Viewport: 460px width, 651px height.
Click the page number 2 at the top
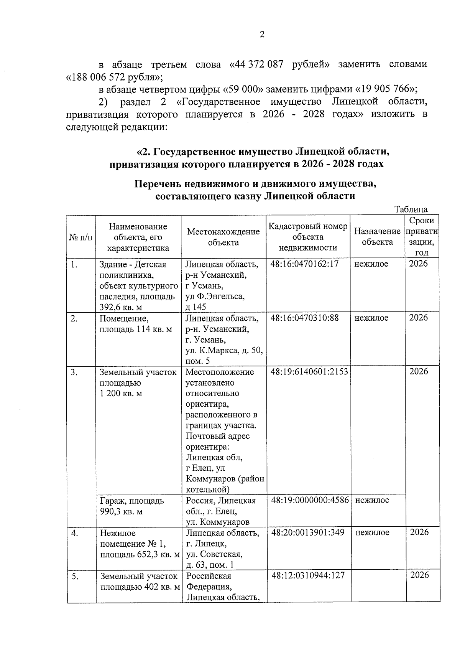(x=262, y=35)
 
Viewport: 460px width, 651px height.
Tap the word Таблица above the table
(x=411, y=209)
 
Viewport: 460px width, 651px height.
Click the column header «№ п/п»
(x=81, y=237)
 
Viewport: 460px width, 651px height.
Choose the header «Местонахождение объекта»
(x=223, y=237)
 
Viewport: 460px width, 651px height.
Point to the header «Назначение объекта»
(x=377, y=237)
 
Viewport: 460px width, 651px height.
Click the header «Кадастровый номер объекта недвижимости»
(x=308, y=237)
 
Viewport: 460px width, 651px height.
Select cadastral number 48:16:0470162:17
(x=305, y=264)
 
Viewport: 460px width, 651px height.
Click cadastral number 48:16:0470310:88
(x=305, y=318)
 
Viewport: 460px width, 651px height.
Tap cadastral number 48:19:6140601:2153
(x=309, y=372)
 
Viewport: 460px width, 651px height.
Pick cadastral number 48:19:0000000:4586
(x=310, y=500)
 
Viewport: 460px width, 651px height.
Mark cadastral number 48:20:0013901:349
(x=308, y=532)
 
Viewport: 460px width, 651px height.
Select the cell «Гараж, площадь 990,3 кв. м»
(x=132, y=506)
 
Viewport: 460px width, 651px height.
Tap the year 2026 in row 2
(x=418, y=318)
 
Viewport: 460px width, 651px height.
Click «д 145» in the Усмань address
(x=196, y=307)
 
